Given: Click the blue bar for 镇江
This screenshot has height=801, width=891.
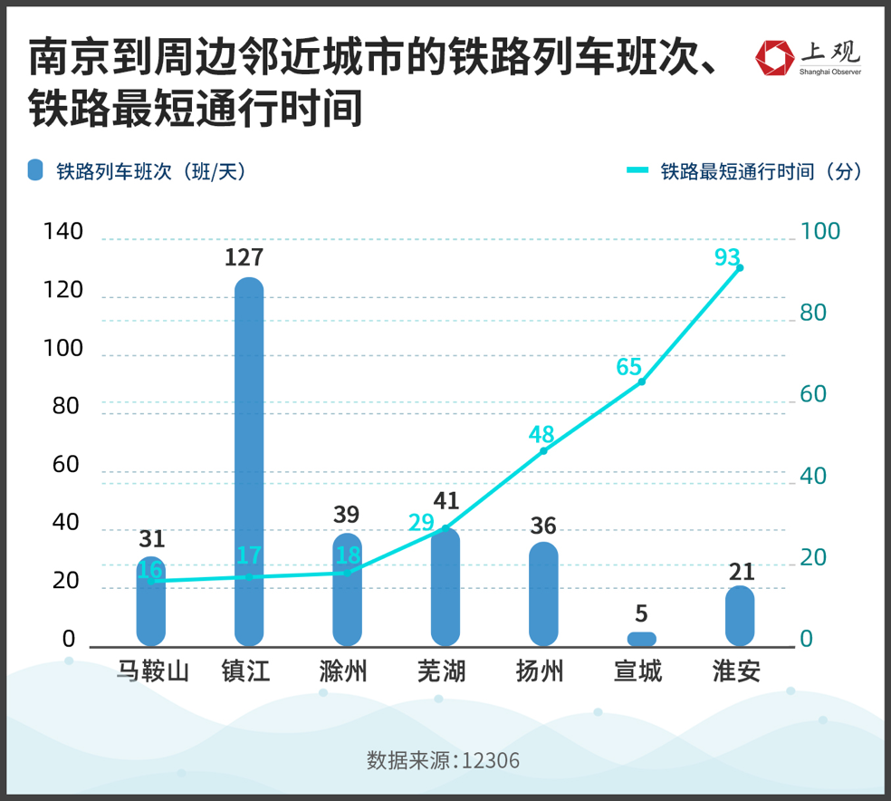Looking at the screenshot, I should point(249,462).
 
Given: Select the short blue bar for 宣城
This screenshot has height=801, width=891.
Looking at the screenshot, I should point(641,639).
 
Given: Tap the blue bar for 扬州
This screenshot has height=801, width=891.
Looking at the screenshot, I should point(543,594).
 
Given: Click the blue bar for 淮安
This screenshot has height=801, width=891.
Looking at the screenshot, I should point(740,616).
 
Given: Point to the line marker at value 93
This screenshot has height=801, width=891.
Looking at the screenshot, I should point(740,267).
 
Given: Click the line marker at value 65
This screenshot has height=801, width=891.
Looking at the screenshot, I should point(641,381).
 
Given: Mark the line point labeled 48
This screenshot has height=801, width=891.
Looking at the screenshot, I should point(543,450).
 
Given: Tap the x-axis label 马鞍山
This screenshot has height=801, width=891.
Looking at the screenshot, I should point(152,671).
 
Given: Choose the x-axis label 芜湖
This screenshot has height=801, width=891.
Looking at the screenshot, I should point(441,671).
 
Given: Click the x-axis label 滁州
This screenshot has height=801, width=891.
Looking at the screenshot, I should point(343,671).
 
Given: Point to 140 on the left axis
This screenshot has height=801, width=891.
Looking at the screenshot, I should point(63,232).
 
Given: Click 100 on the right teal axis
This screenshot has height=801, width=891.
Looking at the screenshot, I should point(820,231).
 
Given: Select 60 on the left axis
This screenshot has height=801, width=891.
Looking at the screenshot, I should point(66,465).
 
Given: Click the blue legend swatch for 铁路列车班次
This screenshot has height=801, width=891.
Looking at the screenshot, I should point(35,170).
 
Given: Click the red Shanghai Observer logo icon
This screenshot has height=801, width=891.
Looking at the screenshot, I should point(774,58).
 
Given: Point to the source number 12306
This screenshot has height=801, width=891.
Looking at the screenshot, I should point(491,760).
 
